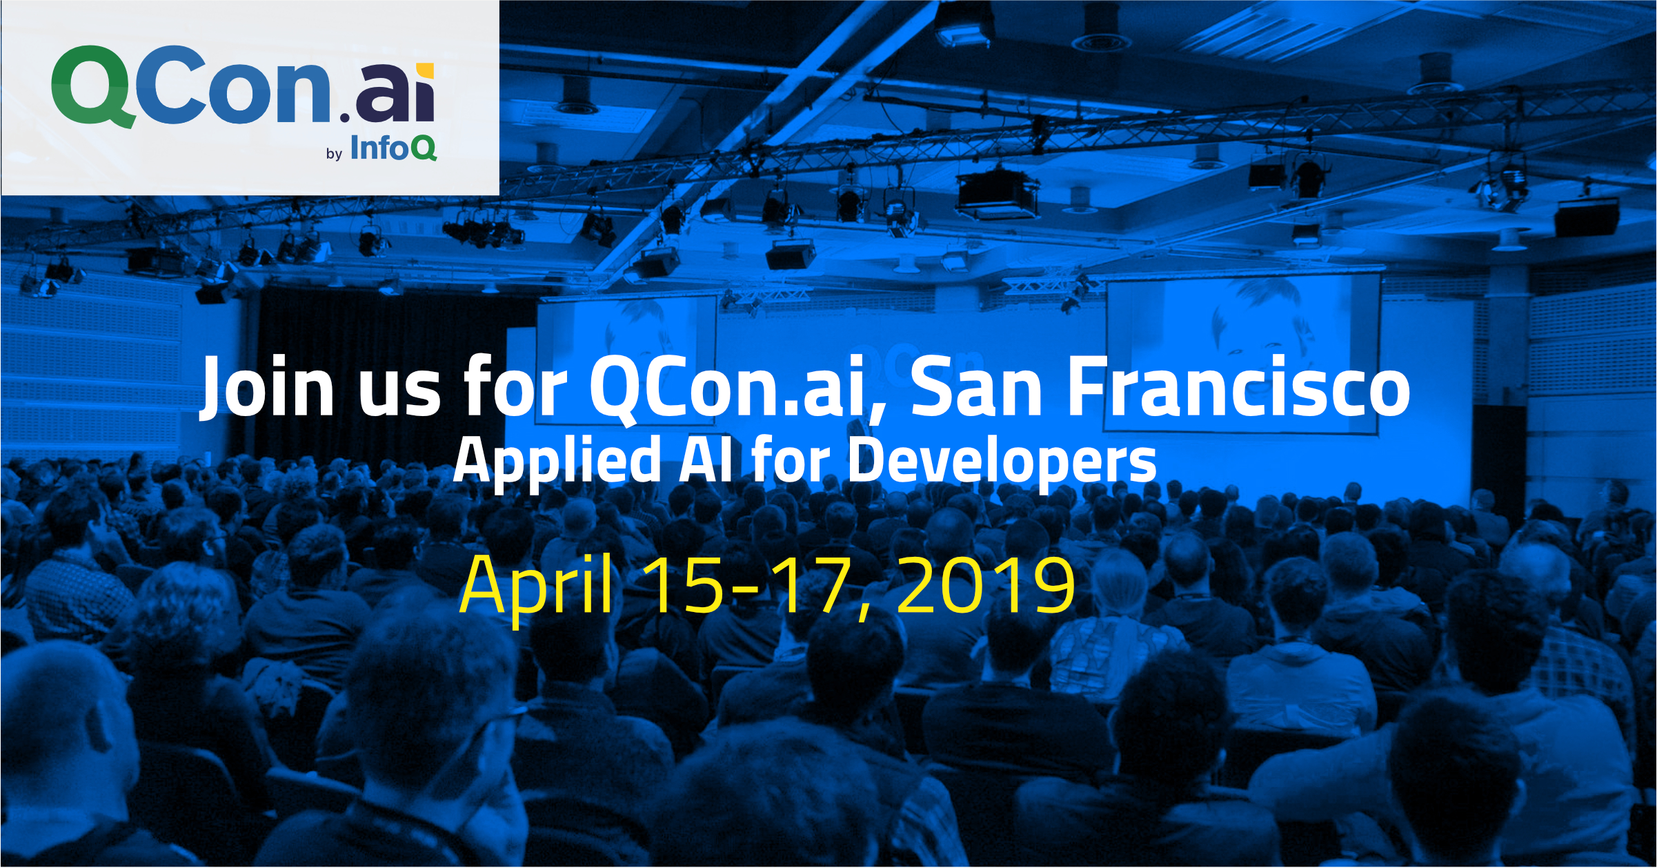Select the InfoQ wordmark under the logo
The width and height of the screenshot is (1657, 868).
click(393, 147)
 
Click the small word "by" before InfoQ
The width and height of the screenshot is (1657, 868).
click(335, 154)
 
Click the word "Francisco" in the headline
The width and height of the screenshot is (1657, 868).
click(1239, 386)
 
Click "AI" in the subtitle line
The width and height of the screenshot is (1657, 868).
click(705, 460)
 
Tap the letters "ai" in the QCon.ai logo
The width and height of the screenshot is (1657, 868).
click(395, 92)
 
